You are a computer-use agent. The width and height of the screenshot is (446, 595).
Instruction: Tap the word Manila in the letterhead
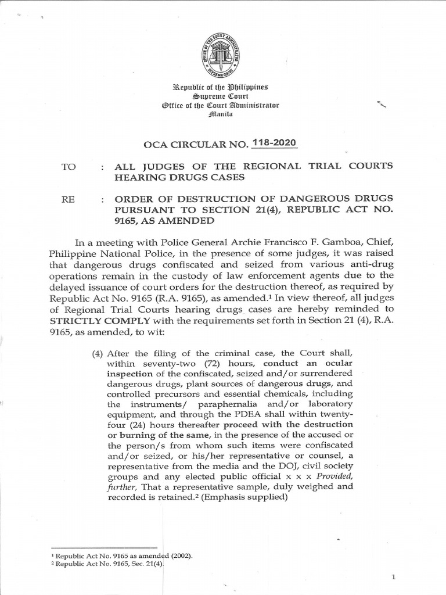[x=222, y=115]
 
